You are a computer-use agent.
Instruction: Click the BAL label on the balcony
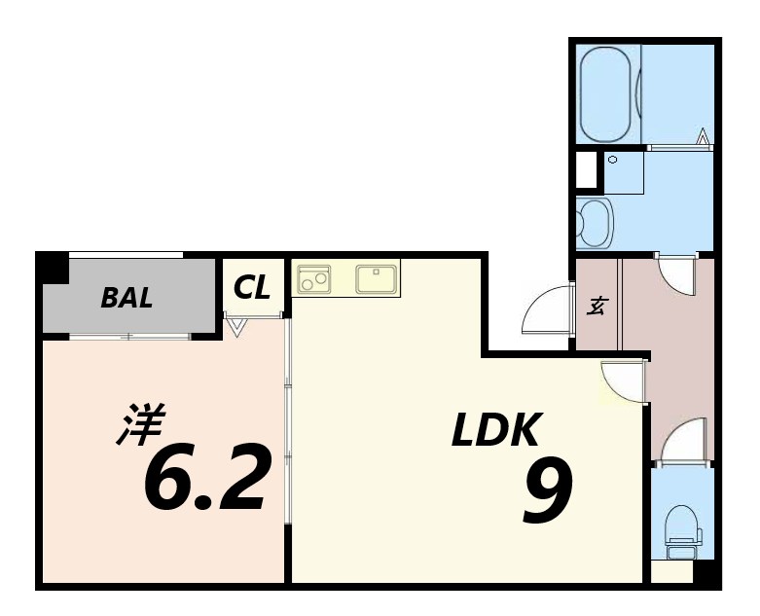[127, 298]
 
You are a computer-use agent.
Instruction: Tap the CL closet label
[252, 287]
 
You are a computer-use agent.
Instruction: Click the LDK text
[495, 429]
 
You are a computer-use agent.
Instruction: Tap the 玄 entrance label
[597, 305]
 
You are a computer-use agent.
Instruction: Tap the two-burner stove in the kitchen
[313, 278]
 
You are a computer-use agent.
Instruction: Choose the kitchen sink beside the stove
[376, 278]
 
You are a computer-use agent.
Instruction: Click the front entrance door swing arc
[546, 310]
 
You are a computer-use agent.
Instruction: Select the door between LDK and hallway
[623, 380]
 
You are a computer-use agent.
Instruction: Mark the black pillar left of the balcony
[52, 268]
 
